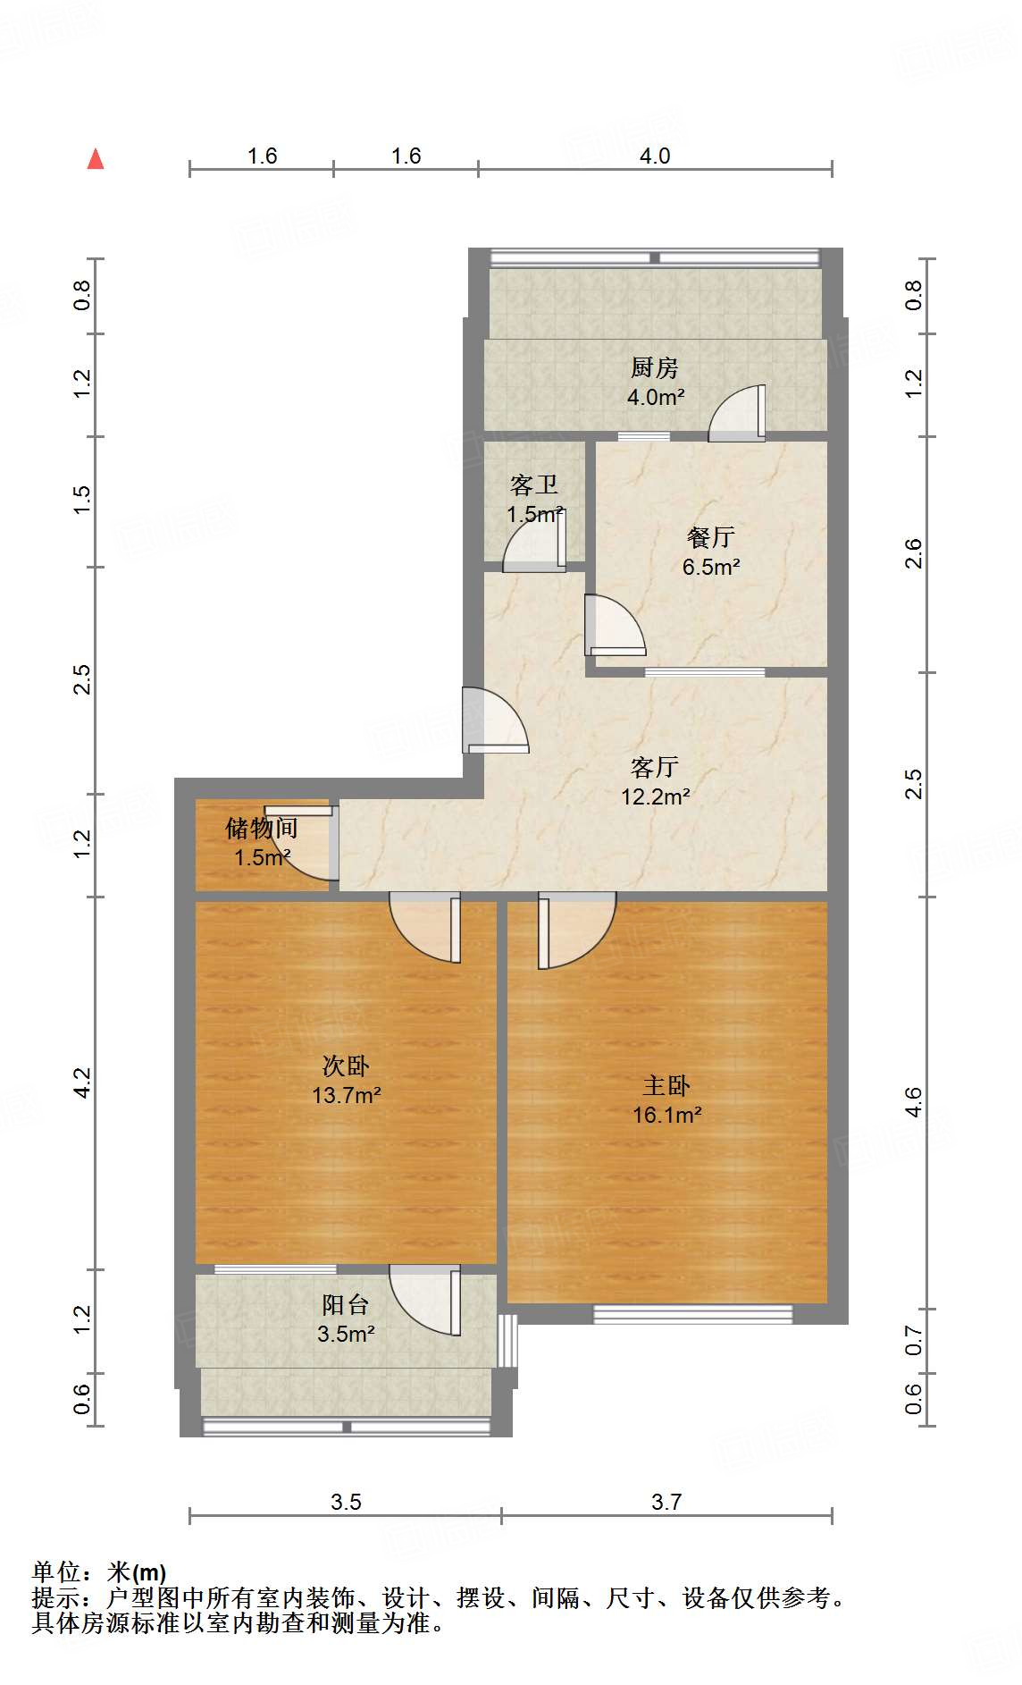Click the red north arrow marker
[96, 159]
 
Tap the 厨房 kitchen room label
[655, 367]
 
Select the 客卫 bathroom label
[534, 484]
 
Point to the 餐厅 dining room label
[711, 537]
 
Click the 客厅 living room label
[655, 767]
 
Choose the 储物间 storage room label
[261, 829]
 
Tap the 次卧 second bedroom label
[346, 1066]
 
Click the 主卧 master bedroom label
[666, 1086]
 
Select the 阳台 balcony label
[346, 1305]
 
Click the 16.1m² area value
[666, 1116]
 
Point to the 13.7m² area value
[347, 1095]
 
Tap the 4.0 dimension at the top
[655, 156]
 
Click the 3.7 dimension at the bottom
[666, 1503]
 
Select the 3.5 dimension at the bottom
[346, 1503]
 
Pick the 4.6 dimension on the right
[913, 1102]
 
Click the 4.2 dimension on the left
[82, 1083]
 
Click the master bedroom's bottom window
[693, 1314]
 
